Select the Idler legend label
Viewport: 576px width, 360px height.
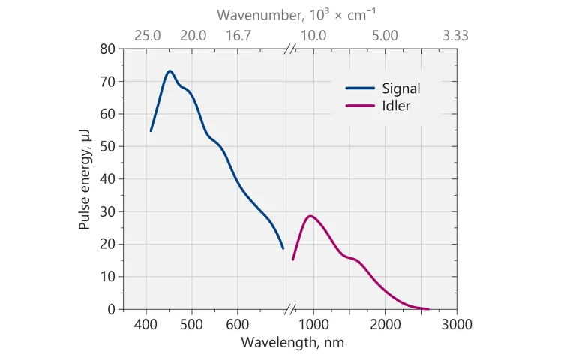[397, 106]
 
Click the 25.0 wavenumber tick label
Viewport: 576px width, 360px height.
[146, 35]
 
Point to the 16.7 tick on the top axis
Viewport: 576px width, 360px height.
[238, 35]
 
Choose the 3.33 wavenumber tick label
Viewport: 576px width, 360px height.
[456, 35]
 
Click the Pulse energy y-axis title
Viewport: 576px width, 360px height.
[85, 178]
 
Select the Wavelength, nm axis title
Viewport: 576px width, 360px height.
[292, 342]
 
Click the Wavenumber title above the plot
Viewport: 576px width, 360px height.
[292, 15]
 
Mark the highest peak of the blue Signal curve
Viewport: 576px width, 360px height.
[169, 71]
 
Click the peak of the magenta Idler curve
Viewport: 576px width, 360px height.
[310, 216]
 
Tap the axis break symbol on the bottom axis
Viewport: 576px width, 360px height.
[289, 309]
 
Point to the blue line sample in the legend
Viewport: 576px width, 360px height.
[359, 88]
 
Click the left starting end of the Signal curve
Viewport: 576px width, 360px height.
[151, 131]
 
